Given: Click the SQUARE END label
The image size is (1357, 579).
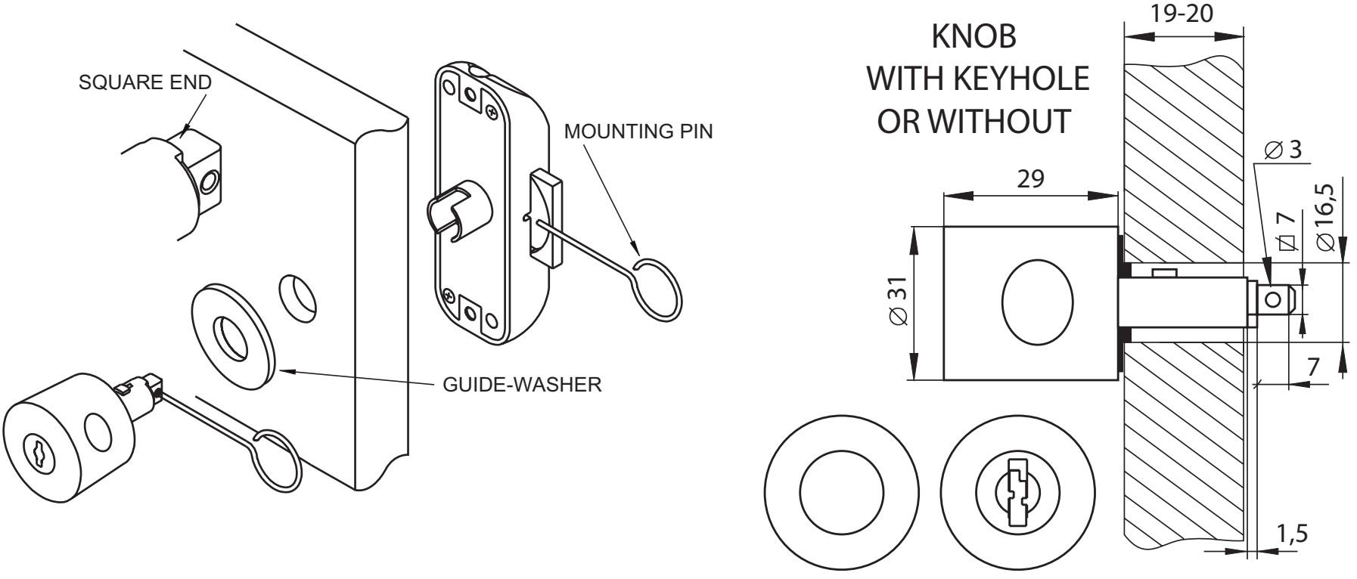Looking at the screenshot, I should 145,83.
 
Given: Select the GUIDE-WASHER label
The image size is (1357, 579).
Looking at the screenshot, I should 522,385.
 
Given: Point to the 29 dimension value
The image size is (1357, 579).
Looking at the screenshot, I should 1031,179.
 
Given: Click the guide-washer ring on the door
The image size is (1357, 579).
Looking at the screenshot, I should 231,337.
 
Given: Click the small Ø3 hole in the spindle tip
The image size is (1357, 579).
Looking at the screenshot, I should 1275,298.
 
